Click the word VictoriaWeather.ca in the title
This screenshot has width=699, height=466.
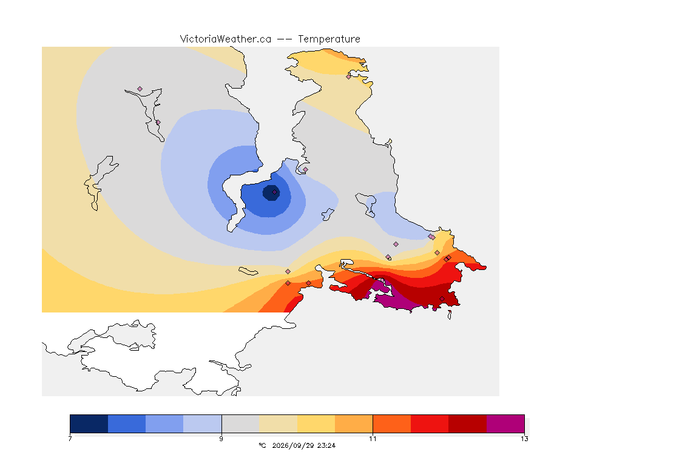click(x=226, y=39)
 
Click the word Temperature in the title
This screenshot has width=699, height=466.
click(x=329, y=39)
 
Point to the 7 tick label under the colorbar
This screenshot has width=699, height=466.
click(x=70, y=439)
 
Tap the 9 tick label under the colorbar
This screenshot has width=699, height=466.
click(x=221, y=439)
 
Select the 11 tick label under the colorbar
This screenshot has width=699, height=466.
click(x=373, y=439)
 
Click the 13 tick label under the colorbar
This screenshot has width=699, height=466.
click(x=524, y=439)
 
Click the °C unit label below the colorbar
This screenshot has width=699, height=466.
click(x=262, y=445)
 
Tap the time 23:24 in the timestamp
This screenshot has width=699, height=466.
click(x=326, y=445)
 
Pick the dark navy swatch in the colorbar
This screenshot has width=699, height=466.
click(x=89, y=424)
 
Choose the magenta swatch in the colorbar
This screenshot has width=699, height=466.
click(x=505, y=424)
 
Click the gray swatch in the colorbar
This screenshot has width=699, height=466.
click(x=240, y=424)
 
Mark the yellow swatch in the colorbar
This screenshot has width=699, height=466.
click(x=316, y=424)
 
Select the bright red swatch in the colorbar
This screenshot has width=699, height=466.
click(x=430, y=424)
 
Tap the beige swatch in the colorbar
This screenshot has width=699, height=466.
click(x=278, y=424)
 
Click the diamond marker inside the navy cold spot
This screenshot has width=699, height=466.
click(x=275, y=192)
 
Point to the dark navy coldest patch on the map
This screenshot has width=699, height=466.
click(x=271, y=193)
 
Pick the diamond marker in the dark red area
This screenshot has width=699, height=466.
click(x=442, y=299)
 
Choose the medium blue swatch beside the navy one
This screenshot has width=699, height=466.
click(x=127, y=424)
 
